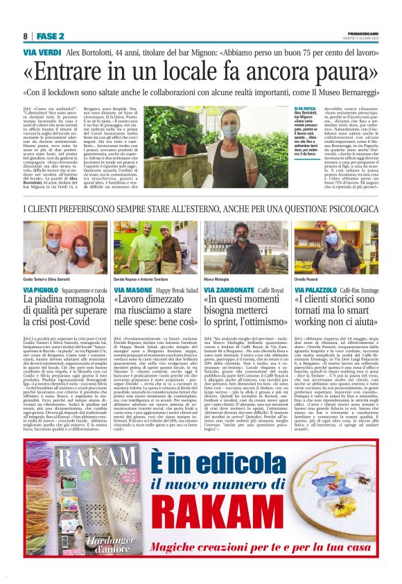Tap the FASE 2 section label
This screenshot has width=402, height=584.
[x=51, y=36]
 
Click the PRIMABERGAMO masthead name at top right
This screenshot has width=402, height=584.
[x=363, y=34]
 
